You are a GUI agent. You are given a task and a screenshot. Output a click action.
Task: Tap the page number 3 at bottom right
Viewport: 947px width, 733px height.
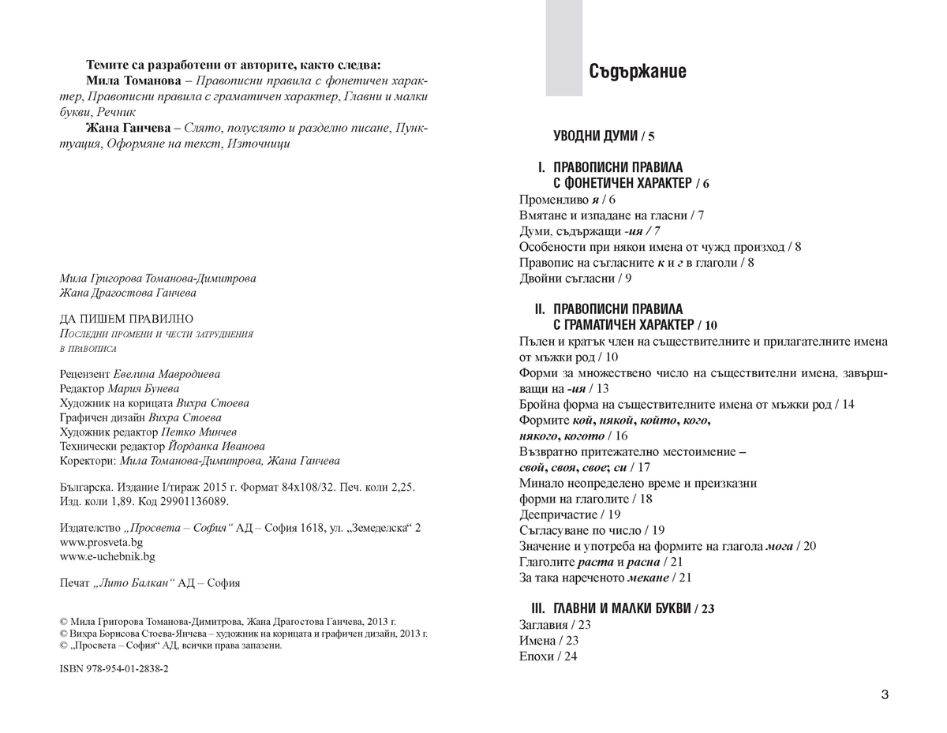point(885,695)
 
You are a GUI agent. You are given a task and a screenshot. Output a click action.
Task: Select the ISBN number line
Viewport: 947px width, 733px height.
point(114,668)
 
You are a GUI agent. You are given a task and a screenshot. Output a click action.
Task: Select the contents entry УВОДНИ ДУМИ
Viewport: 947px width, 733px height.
point(604,137)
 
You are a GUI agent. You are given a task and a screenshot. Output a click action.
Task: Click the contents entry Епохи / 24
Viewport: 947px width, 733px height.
point(548,656)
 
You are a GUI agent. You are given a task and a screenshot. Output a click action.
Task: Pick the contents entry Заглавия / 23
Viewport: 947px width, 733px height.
point(556,624)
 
